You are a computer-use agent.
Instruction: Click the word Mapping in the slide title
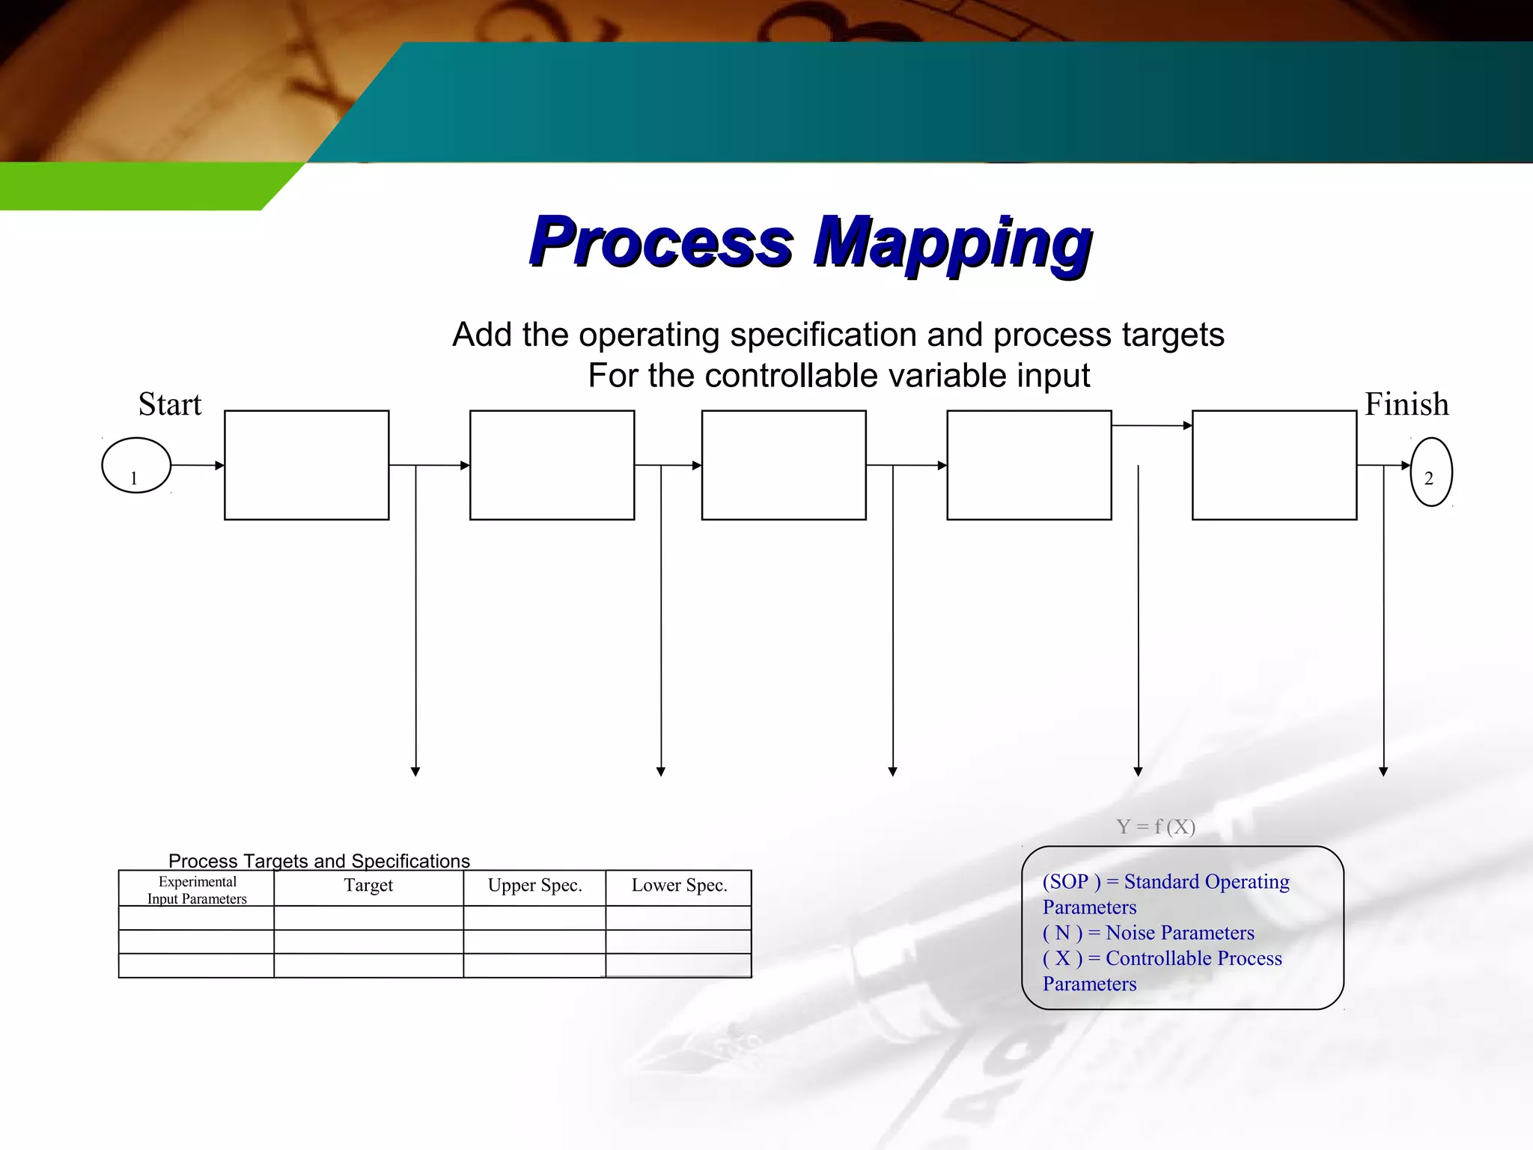952,243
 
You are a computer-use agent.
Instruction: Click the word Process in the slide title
661,243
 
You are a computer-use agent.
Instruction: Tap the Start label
170,404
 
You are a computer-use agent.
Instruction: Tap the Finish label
1406,404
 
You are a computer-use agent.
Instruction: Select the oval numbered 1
136,466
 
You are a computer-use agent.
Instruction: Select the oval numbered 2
1431,472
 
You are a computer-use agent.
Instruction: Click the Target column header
368,886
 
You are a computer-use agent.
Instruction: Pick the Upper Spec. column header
534,886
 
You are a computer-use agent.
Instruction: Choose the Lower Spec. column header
679,886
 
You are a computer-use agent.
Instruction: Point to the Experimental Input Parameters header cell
197,890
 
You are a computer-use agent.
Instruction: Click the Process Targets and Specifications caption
319,861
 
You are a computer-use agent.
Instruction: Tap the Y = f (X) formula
1156,827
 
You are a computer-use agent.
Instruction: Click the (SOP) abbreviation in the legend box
1071,882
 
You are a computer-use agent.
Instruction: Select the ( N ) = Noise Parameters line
1148,933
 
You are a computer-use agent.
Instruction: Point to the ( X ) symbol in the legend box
1062,958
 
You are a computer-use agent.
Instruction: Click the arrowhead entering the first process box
220,466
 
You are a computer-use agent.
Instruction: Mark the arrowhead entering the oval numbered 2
1406,466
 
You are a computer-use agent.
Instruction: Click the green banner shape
135,187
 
